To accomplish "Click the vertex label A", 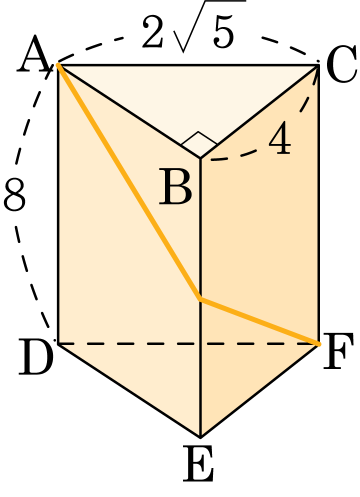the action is coord(34,54).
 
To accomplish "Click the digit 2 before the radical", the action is coord(152,31).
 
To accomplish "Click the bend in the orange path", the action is coord(199,298).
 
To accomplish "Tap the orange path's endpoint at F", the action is coord(318,344).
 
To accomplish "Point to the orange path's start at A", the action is coord(58,64).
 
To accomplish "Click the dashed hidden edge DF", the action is coord(188,343).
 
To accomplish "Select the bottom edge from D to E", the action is coord(129,390).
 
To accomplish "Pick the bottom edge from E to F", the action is coord(259,391).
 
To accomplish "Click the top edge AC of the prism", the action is coord(188,65).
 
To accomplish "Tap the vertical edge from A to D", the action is coord(58,204).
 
